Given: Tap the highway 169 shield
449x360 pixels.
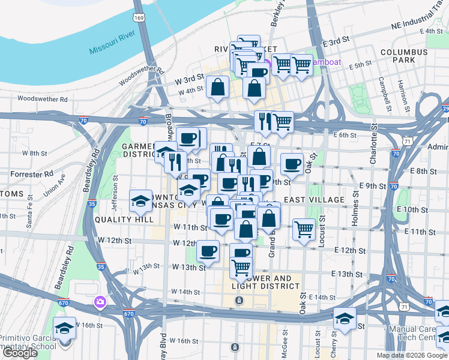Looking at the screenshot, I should [139, 18].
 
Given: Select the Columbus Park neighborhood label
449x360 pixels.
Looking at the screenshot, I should [403, 56].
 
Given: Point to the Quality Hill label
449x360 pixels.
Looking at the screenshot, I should [120, 219].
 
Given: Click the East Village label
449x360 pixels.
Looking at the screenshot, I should [314, 199].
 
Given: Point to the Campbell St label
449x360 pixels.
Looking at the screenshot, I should [381, 93].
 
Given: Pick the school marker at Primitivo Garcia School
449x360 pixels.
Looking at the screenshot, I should [64, 328].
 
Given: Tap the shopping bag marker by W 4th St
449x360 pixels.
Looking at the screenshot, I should [217, 88].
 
